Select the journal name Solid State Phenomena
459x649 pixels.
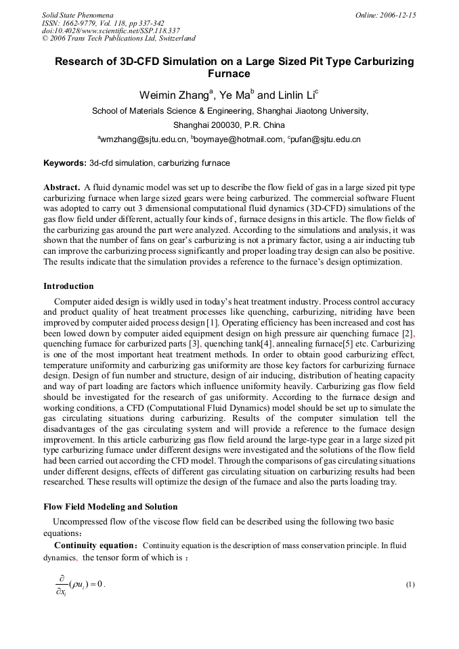(x=77, y=14)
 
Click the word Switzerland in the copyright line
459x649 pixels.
(x=175, y=39)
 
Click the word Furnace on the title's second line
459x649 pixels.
(x=229, y=74)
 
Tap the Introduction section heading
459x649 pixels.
(x=68, y=286)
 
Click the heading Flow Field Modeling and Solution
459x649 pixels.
(x=110, y=507)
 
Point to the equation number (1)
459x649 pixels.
(x=410, y=585)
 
